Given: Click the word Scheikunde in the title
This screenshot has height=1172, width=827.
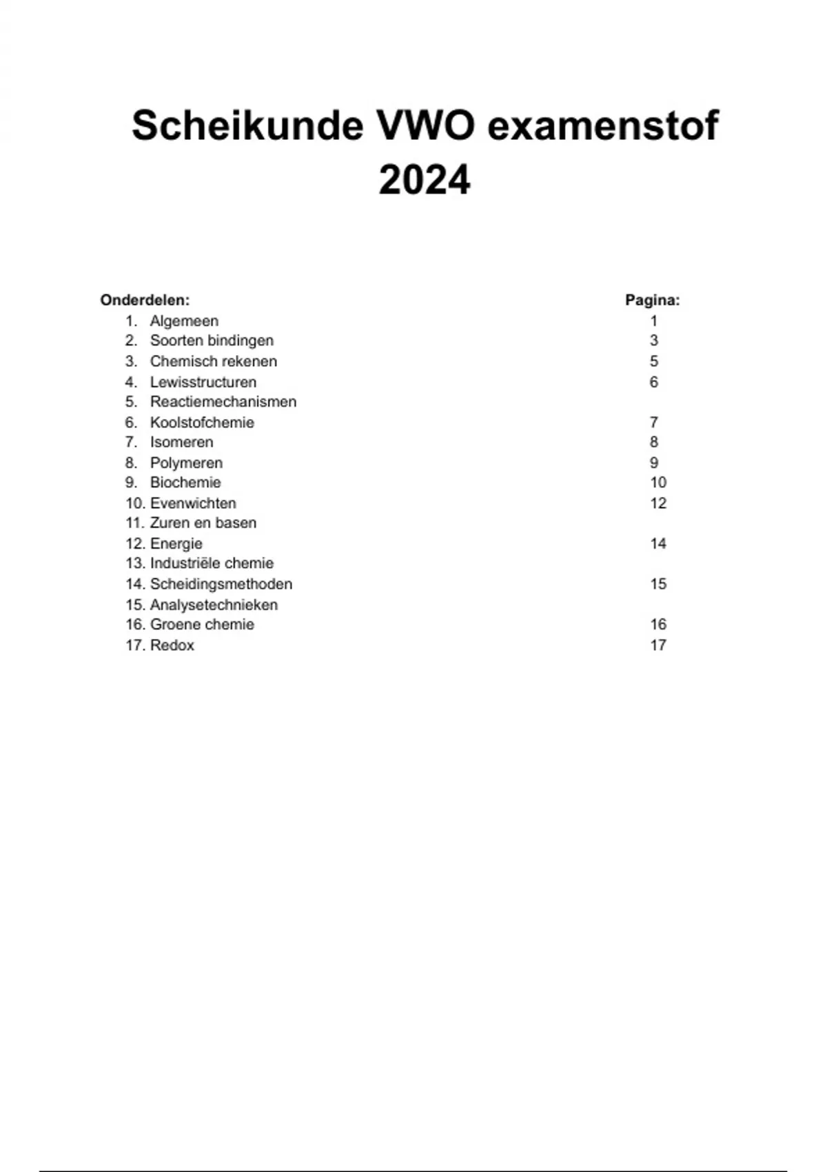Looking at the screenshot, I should pyautogui.click(x=247, y=125).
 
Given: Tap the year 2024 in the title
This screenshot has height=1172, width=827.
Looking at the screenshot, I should pyautogui.click(x=425, y=181).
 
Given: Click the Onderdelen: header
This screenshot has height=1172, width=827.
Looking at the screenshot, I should pyautogui.click(x=145, y=300).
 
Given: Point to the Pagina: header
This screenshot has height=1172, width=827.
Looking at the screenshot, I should pyautogui.click(x=652, y=300).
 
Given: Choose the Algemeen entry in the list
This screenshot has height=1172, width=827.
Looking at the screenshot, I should pyautogui.click(x=184, y=321).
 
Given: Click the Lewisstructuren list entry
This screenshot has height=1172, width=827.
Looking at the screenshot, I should pyautogui.click(x=203, y=382).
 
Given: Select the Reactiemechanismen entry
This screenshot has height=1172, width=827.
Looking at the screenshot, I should pyautogui.click(x=223, y=402).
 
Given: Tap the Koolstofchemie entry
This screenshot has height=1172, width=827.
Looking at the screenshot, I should pyautogui.click(x=202, y=423).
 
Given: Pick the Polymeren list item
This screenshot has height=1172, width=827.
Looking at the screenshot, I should pyautogui.click(x=186, y=463).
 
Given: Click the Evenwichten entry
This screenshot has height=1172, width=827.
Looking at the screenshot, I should pyautogui.click(x=193, y=503).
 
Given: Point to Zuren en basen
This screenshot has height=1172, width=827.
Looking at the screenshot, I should pyautogui.click(x=203, y=523).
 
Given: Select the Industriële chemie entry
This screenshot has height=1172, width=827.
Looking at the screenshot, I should pyautogui.click(x=212, y=563).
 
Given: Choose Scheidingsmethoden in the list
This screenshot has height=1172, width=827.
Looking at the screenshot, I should pyautogui.click(x=221, y=584).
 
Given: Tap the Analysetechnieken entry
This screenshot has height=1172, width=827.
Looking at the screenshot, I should pyautogui.click(x=214, y=605).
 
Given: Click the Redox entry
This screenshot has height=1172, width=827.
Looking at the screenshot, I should pyautogui.click(x=172, y=645).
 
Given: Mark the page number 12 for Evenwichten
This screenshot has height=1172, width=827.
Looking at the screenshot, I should pyautogui.click(x=658, y=503).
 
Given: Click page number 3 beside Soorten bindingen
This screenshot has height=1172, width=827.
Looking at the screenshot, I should pyautogui.click(x=654, y=341).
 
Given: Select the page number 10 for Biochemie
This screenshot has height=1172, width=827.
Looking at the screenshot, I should pyautogui.click(x=658, y=483).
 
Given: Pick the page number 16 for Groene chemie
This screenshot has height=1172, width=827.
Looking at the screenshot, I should pyautogui.click(x=658, y=625).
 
